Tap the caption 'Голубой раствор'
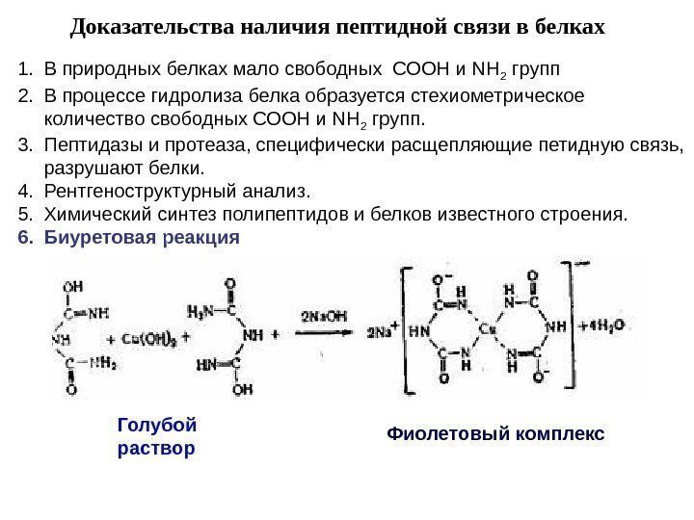pos(156,436)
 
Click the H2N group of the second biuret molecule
pos(199,310)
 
